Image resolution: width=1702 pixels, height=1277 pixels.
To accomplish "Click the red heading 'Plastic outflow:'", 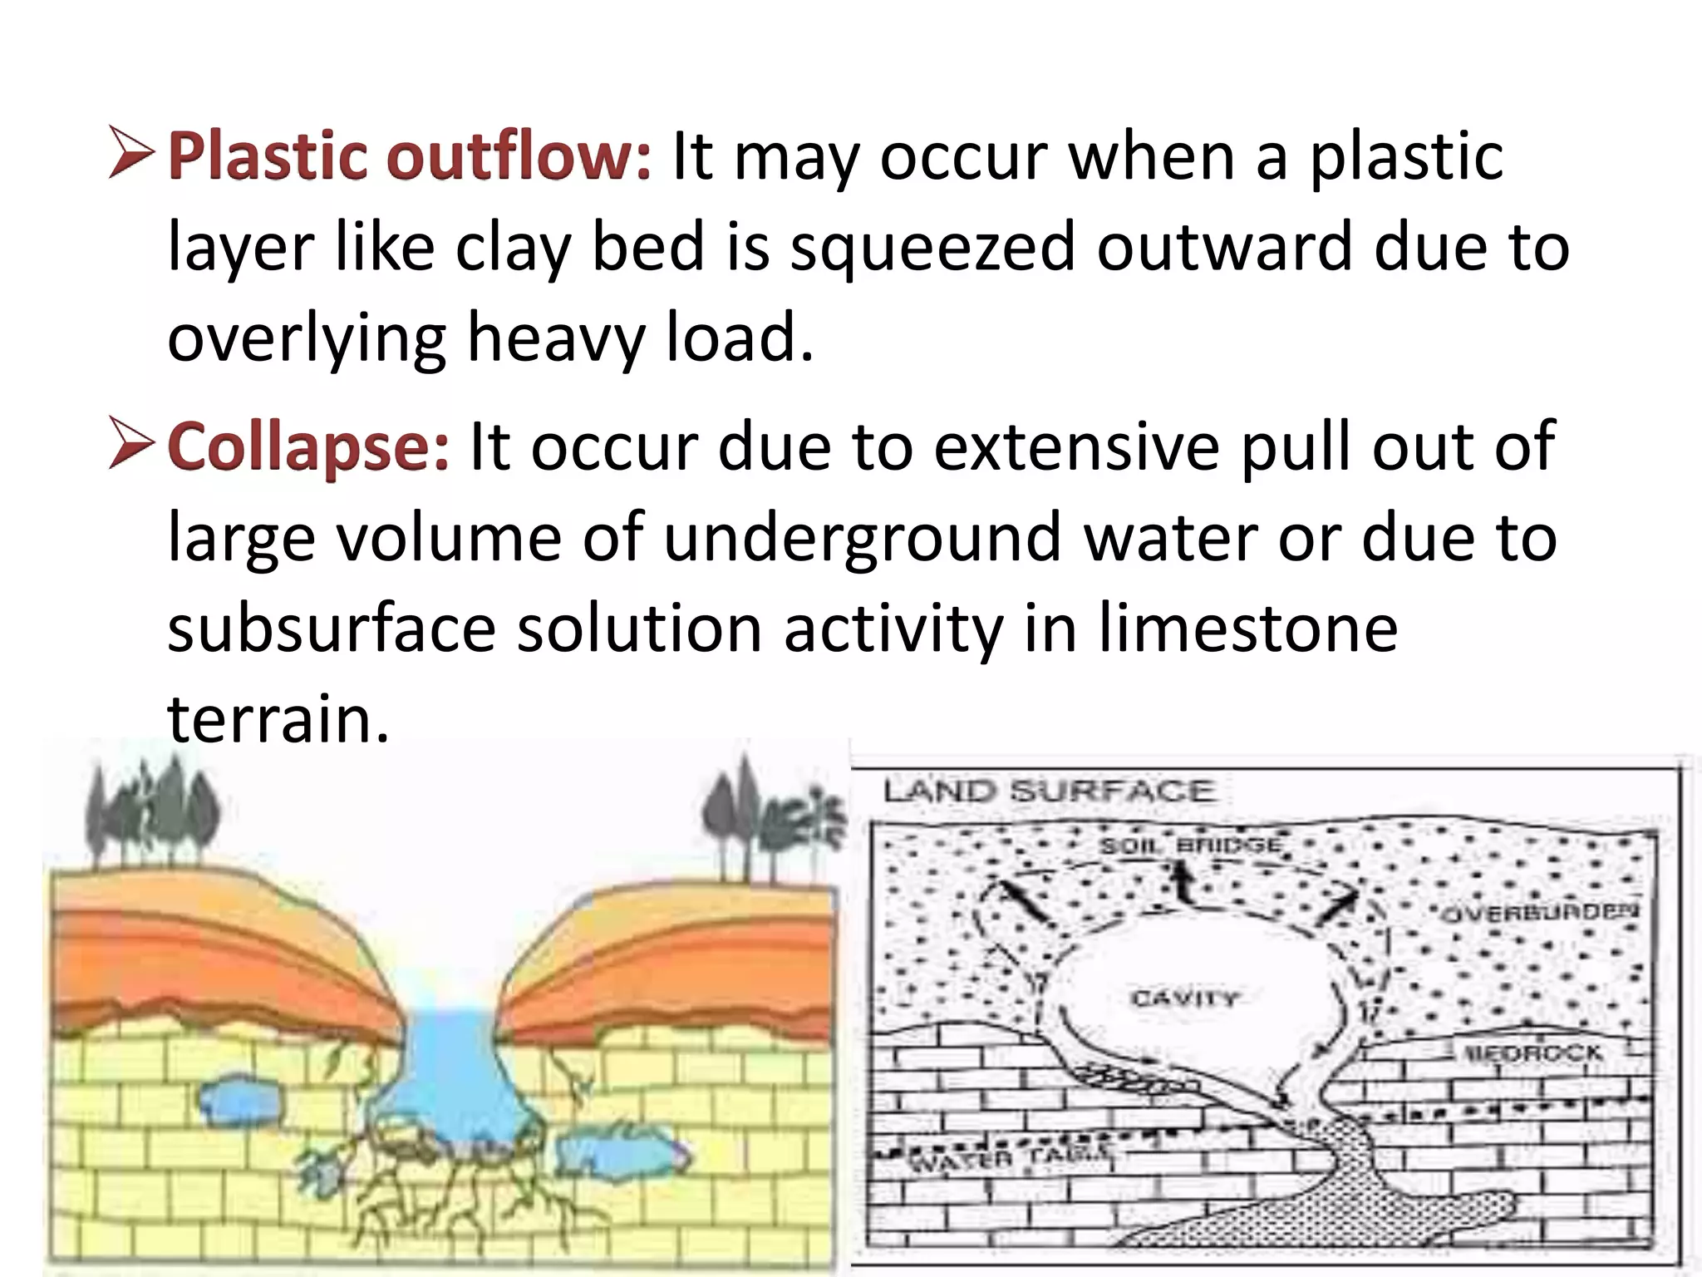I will click(410, 156).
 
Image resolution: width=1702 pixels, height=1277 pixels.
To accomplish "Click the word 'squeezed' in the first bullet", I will click(932, 248).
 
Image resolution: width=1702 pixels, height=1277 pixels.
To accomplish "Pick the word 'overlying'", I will click(307, 339).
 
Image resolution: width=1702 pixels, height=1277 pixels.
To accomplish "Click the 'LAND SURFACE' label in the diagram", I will click(1049, 790).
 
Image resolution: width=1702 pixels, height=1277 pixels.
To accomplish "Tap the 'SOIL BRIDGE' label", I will click(1191, 846).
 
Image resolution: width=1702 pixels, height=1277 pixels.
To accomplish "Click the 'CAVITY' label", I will click(1184, 997).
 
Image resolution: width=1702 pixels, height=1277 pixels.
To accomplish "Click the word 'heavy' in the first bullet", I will click(555, 339).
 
